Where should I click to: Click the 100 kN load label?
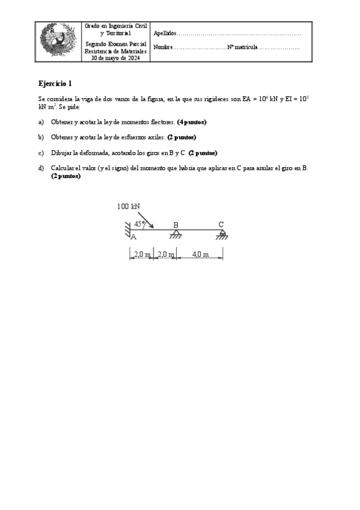(x=129, y=206)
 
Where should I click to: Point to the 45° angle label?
(x=140, y=223)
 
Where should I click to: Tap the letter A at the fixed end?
(x=133, y=237)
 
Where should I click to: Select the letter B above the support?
(x=175, y=225)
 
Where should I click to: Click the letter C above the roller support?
(x=221, y=224)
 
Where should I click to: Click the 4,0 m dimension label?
(x=200, y=254)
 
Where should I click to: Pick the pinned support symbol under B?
(x=175, y=233)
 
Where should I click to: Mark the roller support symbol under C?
(x=222, y=234)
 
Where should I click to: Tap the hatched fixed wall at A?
(x=128, y=229)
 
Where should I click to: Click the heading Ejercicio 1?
(x=55, y=84)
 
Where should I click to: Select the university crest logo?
(x=58, y=41)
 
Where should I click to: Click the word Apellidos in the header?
(x=165, y=34)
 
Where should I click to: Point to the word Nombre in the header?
(x=163, y=47)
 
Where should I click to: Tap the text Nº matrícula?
(x=243, y=47)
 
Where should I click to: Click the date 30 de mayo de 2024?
(x=115, y=58)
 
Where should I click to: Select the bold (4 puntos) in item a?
(x=192, y=121)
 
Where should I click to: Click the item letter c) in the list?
(x=41, y=153)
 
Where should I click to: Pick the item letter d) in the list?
(x=41, y=168)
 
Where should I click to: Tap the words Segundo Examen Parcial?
(x=115, y=45)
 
